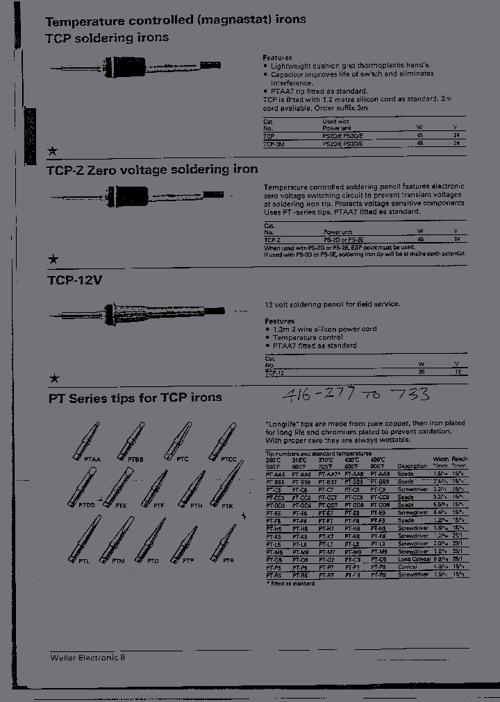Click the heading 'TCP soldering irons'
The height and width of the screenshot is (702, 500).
(x=108, y=37)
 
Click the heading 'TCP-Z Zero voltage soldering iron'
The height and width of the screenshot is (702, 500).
(x=152, y=169)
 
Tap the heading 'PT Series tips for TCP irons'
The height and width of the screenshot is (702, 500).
(x=135, y=397)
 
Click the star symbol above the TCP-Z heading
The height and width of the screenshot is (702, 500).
(x=53, y=151)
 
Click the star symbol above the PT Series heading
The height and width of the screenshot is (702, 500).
(x=53, y=378)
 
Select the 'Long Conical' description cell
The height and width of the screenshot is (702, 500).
(x=413, y=559)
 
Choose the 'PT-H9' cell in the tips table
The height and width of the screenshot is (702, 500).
(x=379, y=528)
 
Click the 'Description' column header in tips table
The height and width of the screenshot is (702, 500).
(x=412, y=466)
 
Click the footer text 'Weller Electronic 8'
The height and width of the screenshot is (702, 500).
(x=88, y=656)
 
